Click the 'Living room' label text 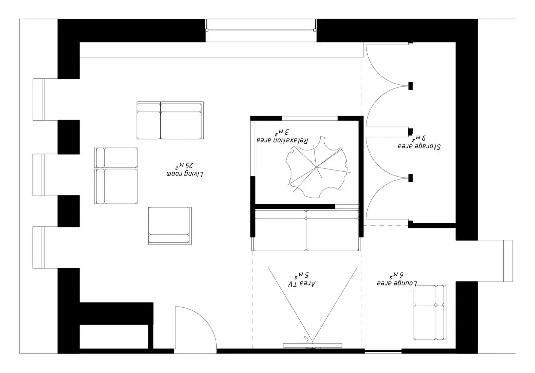click(x=185, y=174)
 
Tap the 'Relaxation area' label click(x=282, y=141)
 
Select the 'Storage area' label click(x=419, y=146)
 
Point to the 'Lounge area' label click(x=397, y=283)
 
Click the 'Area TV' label click(x=302, y=284)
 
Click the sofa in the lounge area click(x=430, y=313)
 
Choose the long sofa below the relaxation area click(x=306, y=230)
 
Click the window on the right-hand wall click(x=508, y=261)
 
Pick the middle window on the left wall click(x=39, y=174)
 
